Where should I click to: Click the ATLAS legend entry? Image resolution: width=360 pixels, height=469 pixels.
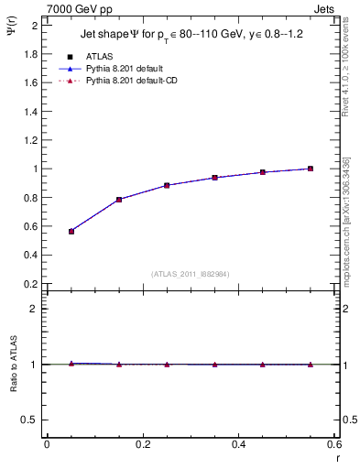click(99, 57)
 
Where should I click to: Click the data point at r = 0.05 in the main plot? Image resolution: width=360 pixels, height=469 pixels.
click(71, 232)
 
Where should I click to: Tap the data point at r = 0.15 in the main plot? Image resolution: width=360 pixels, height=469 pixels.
click(119, 200)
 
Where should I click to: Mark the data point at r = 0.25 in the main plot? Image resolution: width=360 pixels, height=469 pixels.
click(167, 185)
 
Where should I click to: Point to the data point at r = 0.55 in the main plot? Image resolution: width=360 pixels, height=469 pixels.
click(311, 169)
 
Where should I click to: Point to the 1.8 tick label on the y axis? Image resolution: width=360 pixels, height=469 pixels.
click(28, 53)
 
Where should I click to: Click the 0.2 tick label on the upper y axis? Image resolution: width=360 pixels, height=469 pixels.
click(28, 284)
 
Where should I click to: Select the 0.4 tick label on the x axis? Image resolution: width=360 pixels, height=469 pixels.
click(239, 445)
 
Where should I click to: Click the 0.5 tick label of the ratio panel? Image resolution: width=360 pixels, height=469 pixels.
click(28, 420)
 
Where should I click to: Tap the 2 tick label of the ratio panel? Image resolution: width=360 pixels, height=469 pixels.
click(33, 309)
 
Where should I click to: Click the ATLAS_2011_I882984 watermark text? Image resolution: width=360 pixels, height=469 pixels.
click(191, 274)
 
